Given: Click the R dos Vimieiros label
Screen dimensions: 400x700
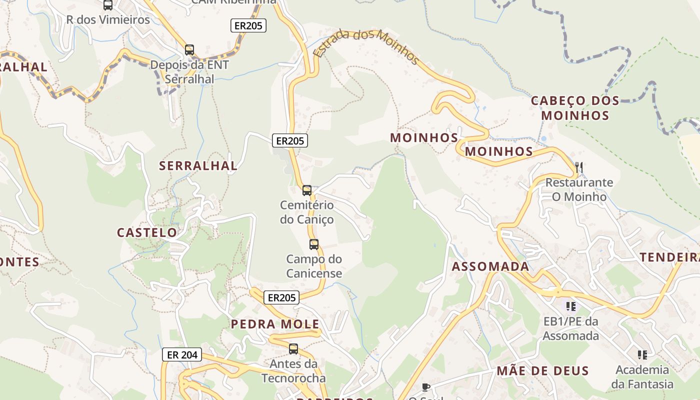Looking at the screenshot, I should tap(108, 20).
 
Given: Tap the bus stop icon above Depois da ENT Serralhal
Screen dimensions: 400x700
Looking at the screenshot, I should tap(189, 50).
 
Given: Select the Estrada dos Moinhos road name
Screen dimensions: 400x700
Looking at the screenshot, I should tap(366, 46).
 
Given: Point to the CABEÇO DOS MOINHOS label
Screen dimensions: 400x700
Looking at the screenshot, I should tap(575, 108).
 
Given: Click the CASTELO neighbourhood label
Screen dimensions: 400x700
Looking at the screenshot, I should tap(147, 232).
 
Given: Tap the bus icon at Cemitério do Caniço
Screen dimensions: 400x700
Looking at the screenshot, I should tap(307, 190).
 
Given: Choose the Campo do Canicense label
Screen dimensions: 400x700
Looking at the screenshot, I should tap(314, 266).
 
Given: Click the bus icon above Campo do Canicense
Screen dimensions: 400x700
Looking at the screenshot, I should tap(314, 244).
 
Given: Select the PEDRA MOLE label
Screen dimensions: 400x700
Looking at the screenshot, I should tap(275, 324).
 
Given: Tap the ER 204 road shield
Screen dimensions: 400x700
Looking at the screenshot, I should tap(182, 355).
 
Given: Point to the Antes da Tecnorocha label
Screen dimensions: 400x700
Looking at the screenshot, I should tap(293, 370).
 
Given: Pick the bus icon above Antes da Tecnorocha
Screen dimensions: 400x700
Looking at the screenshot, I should tap(293, 349).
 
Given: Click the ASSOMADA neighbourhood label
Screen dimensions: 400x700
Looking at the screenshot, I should tap(490, 266).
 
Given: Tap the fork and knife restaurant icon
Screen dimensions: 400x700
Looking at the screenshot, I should tap(579, 167).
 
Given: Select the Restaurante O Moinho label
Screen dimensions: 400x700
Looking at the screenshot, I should tap(579, 189).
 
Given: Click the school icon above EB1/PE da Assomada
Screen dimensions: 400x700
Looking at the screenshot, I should tap(571, 306).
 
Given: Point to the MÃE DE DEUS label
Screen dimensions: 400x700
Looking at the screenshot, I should tap(542, 371).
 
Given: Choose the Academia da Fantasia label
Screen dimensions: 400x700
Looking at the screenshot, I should tap(642, 377).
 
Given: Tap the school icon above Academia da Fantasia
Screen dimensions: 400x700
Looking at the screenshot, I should tap(642, 355).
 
